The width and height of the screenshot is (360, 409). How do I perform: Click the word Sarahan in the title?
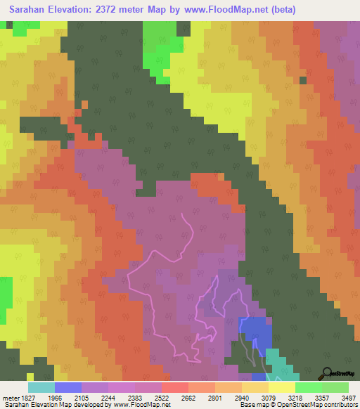[x=32, y=10]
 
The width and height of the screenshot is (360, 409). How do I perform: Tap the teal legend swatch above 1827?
[x=41, y=387]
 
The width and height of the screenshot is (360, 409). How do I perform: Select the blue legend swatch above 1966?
[x=68, y=387]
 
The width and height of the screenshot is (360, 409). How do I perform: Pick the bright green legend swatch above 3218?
[x=309, y=387]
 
